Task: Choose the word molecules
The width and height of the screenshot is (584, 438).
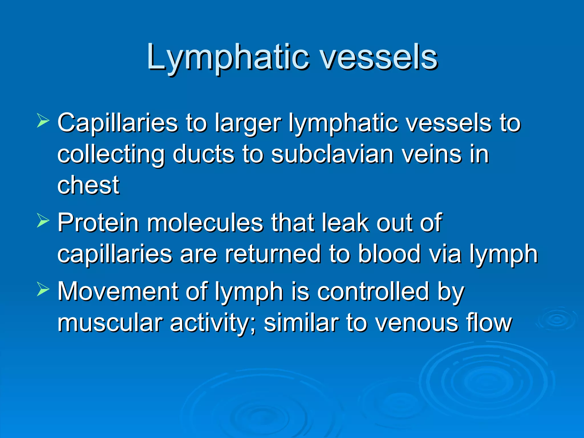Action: coord(205,223)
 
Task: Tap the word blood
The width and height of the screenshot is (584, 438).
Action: coord(389,254)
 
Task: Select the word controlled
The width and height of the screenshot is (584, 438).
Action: coord(373,291)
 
